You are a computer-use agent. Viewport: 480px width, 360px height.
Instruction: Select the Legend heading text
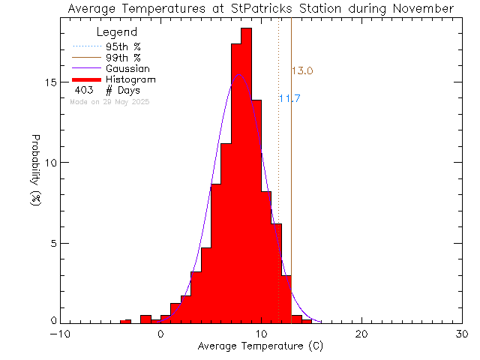tap(117, 32)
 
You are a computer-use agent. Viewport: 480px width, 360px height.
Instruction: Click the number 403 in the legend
tap(83, 90)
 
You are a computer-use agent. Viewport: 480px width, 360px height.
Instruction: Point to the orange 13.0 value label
tap(302, 71)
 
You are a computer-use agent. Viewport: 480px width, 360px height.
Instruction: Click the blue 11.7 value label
tap(289, 98)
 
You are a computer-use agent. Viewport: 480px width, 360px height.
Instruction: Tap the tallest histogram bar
tap(246, 172)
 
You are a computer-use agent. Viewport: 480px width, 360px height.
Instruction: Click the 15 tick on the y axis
tap(52, 82)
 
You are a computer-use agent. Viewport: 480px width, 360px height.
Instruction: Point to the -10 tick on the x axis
tap(61, 334)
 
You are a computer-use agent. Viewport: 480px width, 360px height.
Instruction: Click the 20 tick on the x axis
tap(362, 334)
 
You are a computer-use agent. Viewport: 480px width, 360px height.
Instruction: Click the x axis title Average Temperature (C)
tap(262, 347)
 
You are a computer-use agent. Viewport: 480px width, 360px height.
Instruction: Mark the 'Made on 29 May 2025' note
tap(109, 101)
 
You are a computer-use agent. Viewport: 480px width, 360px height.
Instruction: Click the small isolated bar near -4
tap(125, 321)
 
